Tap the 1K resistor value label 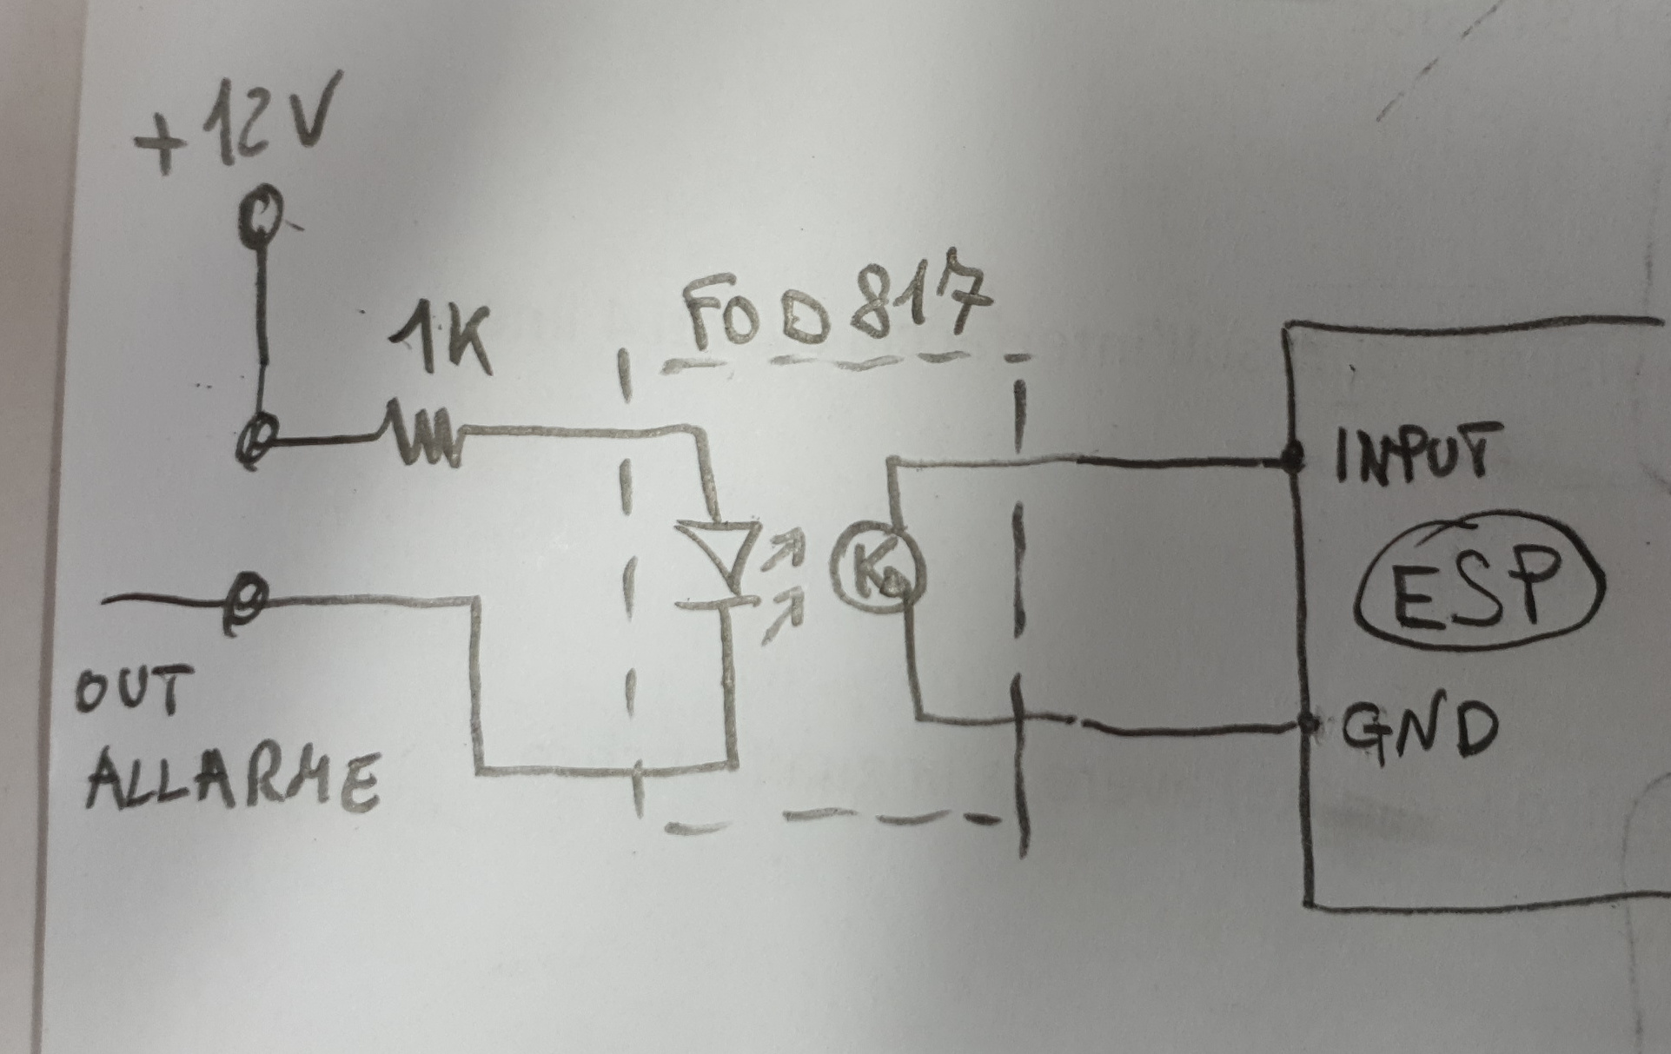(441, 341)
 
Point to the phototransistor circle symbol (878, 569)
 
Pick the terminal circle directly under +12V (261, 214)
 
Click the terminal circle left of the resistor (258, 440)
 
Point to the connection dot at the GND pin (1310, 723)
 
